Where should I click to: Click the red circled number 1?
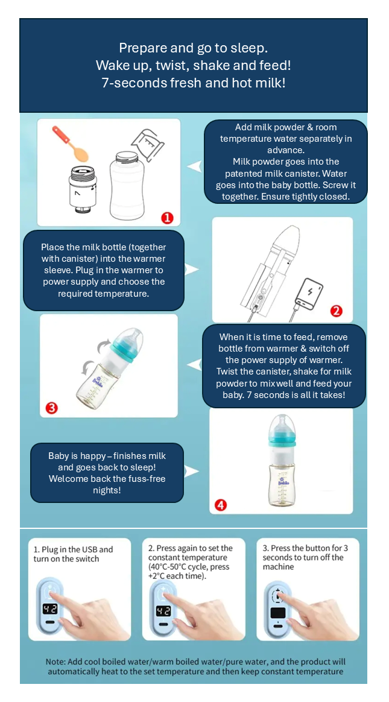[x=167, y=218]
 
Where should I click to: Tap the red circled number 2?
[x=336, y=311]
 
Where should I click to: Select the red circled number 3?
[x=52, y=408]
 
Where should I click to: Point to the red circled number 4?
[x=221, y=505]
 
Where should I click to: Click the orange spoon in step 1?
[x=71, y=144]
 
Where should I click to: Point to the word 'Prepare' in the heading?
[x=139, y=48]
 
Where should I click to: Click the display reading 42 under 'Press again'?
[x=163, y=611]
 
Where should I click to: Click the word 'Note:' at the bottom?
[x=57, y=662]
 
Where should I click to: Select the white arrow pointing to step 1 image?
[x=194, y=166]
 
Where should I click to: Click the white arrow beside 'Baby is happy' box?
[x=191, y=471]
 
